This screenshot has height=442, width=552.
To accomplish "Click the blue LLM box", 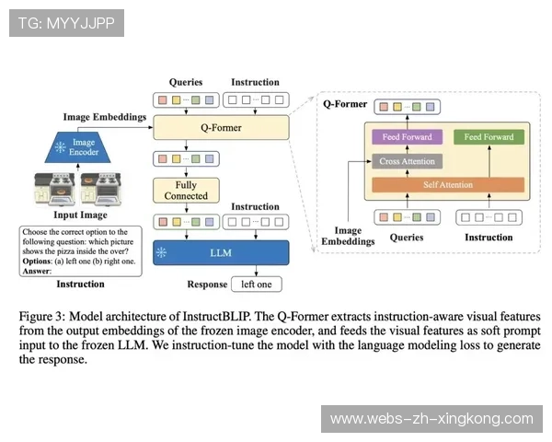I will [221, 252].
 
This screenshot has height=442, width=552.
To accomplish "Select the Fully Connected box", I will [186, 191].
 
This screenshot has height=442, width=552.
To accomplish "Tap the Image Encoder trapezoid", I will [84, 149].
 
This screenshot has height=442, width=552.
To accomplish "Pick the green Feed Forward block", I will [489, 137].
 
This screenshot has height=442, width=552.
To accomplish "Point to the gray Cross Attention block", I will [406, 161].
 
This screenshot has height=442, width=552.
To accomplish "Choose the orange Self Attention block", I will [447, 185].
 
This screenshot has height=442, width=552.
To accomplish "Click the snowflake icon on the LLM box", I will [162, 252].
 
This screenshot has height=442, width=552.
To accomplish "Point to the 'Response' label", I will [206, 285].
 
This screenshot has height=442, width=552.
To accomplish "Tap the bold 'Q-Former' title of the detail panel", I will [345, 104].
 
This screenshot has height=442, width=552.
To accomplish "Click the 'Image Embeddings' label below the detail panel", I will [347, 237].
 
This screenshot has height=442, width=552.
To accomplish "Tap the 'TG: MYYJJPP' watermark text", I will [65, 23].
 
